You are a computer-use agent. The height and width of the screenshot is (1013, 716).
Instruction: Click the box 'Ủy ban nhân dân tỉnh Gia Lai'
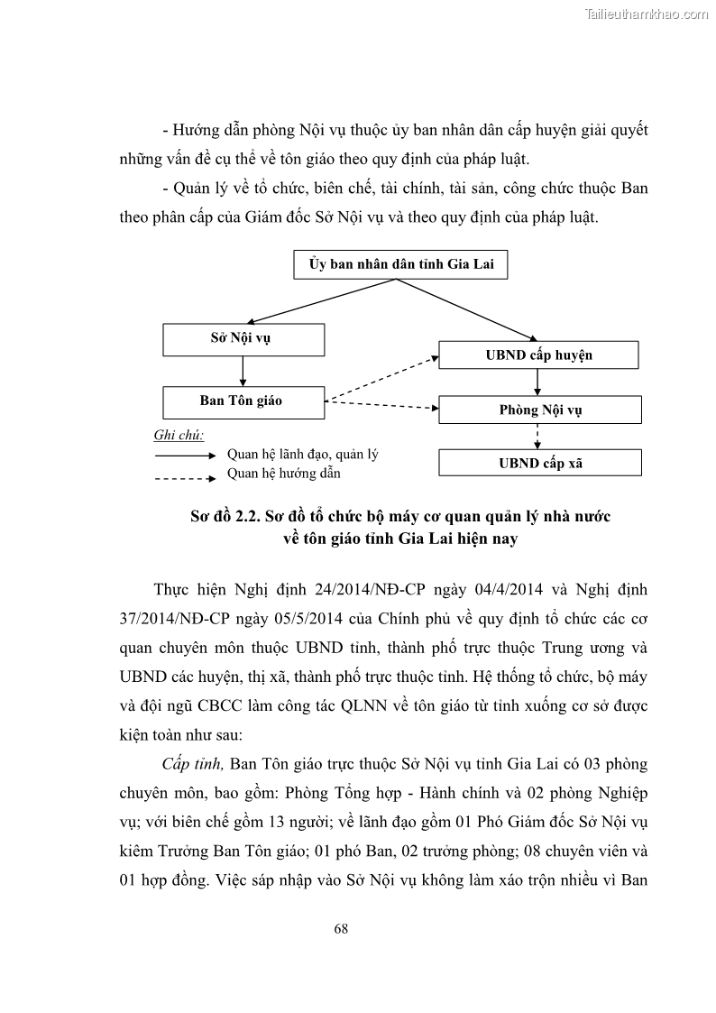coord(394,265)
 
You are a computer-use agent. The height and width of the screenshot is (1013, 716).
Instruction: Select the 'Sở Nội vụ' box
coord(243,339)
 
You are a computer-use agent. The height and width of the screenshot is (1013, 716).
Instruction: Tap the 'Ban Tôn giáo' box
coord(243,401)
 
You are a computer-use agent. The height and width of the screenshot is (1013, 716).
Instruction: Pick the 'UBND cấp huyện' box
coord(538,355)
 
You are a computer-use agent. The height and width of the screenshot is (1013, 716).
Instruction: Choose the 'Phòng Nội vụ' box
coord(539,410)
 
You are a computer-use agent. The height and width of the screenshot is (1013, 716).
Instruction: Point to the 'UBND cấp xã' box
coord(539,463)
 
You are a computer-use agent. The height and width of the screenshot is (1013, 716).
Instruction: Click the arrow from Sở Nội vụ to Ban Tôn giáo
coord(243,371)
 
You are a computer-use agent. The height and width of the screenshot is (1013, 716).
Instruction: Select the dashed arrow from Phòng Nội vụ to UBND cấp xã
coord(538,437)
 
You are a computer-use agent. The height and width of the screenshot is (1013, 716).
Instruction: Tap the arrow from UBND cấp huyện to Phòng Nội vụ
coord(538,382)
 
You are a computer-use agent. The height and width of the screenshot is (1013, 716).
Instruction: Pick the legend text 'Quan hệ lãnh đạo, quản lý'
coord(302,455)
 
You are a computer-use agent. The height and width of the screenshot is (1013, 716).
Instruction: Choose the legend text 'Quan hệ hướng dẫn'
coord(284,473)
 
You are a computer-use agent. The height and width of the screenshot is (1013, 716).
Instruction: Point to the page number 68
coord(340,928)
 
